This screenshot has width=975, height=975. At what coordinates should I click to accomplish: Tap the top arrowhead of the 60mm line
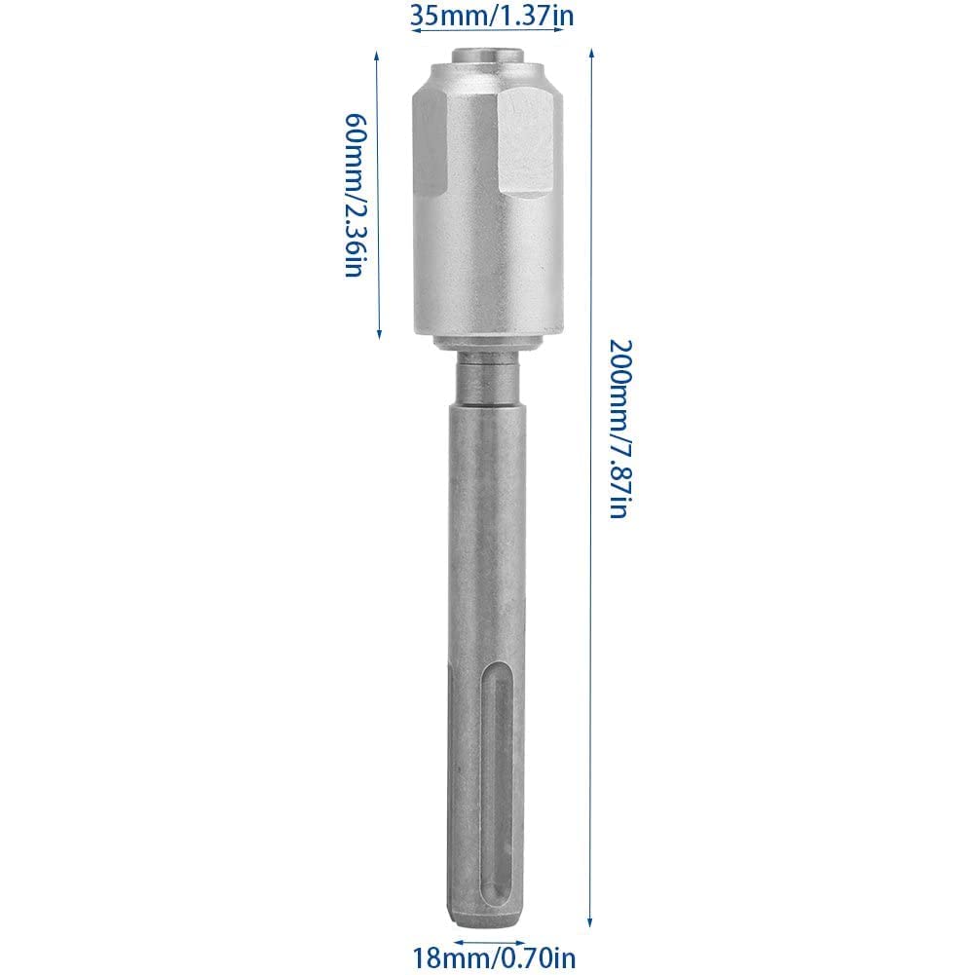tap(379, 56)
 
